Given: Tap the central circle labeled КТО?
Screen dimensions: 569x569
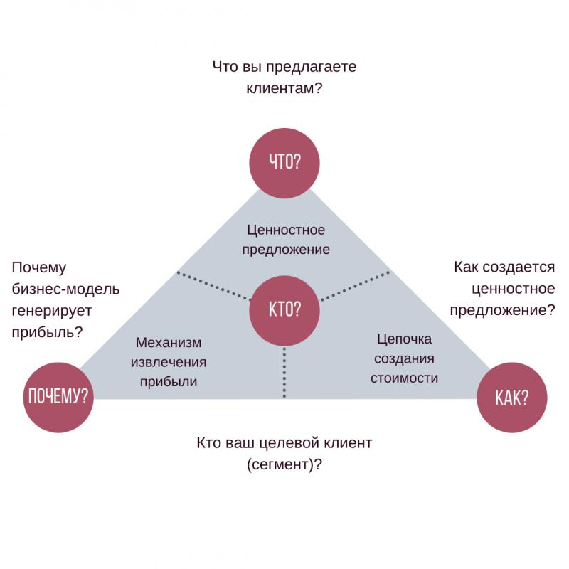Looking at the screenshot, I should click(x=284, y=310).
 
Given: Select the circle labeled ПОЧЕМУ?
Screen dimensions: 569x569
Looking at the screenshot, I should click(x=58, y=397).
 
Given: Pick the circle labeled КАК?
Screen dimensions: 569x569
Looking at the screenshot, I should click(x=511, y=397).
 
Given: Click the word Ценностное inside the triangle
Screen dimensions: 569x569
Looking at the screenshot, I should click(x=286, y=230).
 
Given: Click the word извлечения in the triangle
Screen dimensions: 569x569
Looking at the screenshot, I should click(x=168, y=362).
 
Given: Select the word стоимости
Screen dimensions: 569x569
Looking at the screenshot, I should click(x=403, y=378).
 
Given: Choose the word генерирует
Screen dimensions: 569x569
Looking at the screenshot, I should click(x=52, y=311).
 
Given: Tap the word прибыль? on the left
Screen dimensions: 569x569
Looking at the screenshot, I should click(x=48, y=331).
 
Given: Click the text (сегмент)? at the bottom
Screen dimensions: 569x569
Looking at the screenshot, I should click(x=284, y=464).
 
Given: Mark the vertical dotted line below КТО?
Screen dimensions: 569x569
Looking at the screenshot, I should click(x=284, y=371).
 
